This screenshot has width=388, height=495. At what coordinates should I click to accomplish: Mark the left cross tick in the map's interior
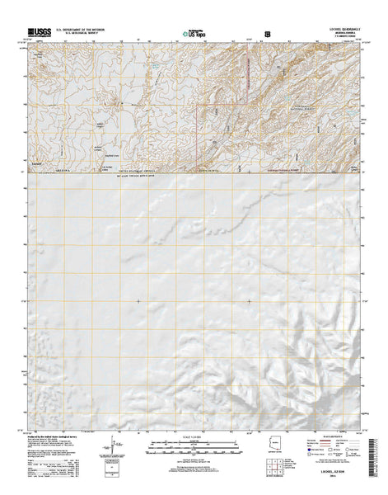coord(138,301)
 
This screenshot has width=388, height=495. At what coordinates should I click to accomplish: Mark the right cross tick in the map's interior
coord(250,301)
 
